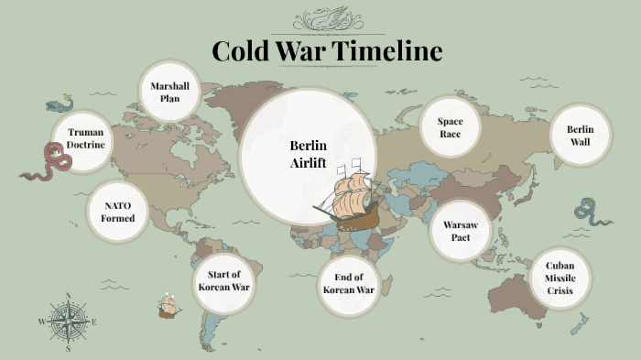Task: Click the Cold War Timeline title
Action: pyautogui.click(x=327, y=50)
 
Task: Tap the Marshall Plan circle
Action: pyautogui.click(x=169, y=93)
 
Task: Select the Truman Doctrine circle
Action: pyautogui.click(x=85, y=138)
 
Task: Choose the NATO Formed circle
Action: pyautogui.click(x=119, y=213)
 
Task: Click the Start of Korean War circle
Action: pyautogui.click(x=224, y=281)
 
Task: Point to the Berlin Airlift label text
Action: pyautogui.click(x=308, y=153)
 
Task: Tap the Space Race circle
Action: pyautogui.click(x=450, y=127)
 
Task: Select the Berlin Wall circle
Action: pyautogui.click(x=580, y=136)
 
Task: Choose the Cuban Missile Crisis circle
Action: pyautogui.click(x=560, y=278)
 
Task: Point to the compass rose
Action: pyautogui.click(x=67, y=322)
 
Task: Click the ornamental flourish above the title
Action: pyautogui.click(x=326, y=18)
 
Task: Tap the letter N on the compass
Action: pyautogui.click(x=68, y=295)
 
